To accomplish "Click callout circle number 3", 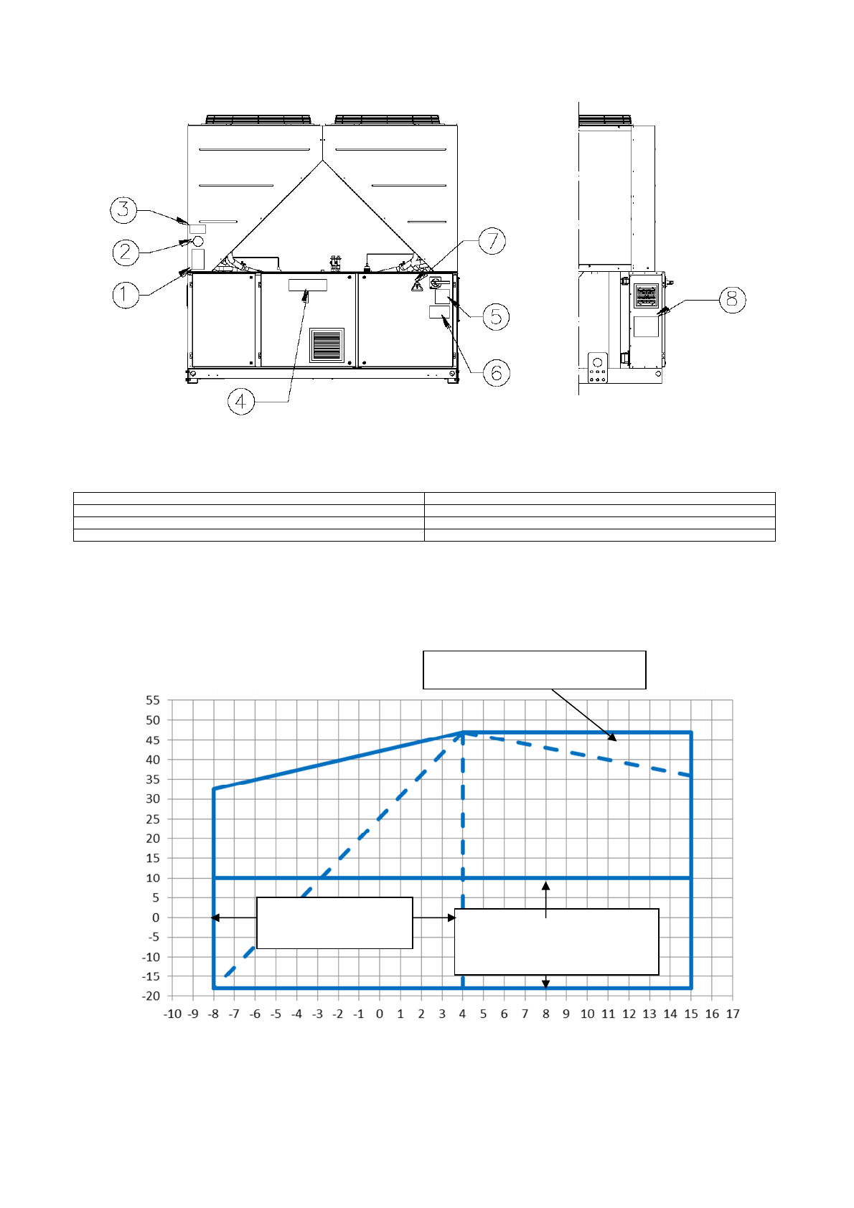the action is [123, 209].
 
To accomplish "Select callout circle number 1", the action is [126, 294].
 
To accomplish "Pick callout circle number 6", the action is [497, 372].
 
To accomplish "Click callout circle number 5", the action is [496, 316].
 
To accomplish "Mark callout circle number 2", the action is [126, 252].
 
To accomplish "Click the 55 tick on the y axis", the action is [153, 700].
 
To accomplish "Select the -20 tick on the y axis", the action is [151, 996].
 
